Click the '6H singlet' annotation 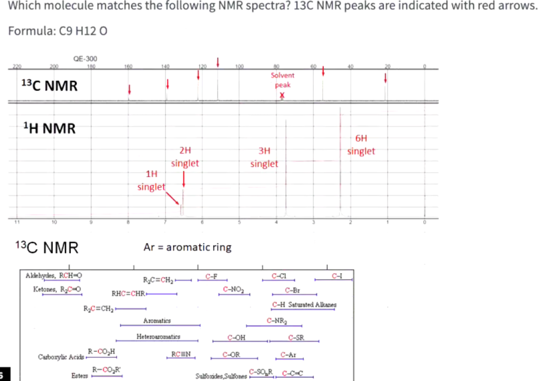click(361, 145)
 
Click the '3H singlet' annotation click(264, 157)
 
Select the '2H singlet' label click(185, 157)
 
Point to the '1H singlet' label click(151, 180)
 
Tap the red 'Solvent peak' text click(282, 80)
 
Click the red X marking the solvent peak click(282, 95)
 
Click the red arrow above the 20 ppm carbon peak click(385, 78)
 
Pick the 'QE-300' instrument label click(84, 59)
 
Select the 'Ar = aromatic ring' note click(187, 247)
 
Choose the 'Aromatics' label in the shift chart click(157, 320)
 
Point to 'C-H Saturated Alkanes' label click(304, 304)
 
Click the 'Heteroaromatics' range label click(158, 336)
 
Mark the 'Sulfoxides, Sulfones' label click(221, 376)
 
